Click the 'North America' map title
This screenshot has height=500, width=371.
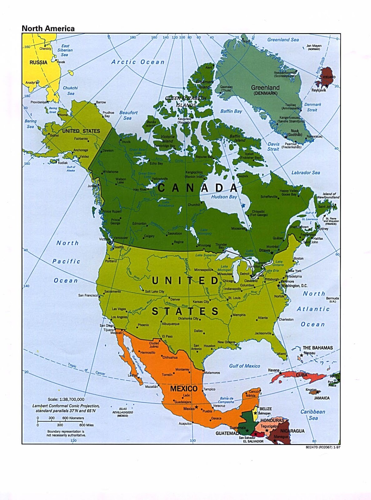48,28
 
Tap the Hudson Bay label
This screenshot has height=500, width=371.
224,197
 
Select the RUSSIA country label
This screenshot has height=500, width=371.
38,62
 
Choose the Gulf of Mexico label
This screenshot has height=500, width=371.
244,366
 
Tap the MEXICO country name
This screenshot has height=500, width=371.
184,388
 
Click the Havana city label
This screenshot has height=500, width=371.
274,370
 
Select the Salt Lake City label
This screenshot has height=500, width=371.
155,292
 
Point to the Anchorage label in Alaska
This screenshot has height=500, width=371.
81,150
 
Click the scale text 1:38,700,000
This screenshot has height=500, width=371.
66,399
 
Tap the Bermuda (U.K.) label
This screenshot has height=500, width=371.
332,300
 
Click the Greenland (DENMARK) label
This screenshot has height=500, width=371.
265,90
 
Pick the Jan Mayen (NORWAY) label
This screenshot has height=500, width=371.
314,47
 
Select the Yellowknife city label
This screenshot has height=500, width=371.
160,179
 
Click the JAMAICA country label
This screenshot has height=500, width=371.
322,398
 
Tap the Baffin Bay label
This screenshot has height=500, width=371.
231,111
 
